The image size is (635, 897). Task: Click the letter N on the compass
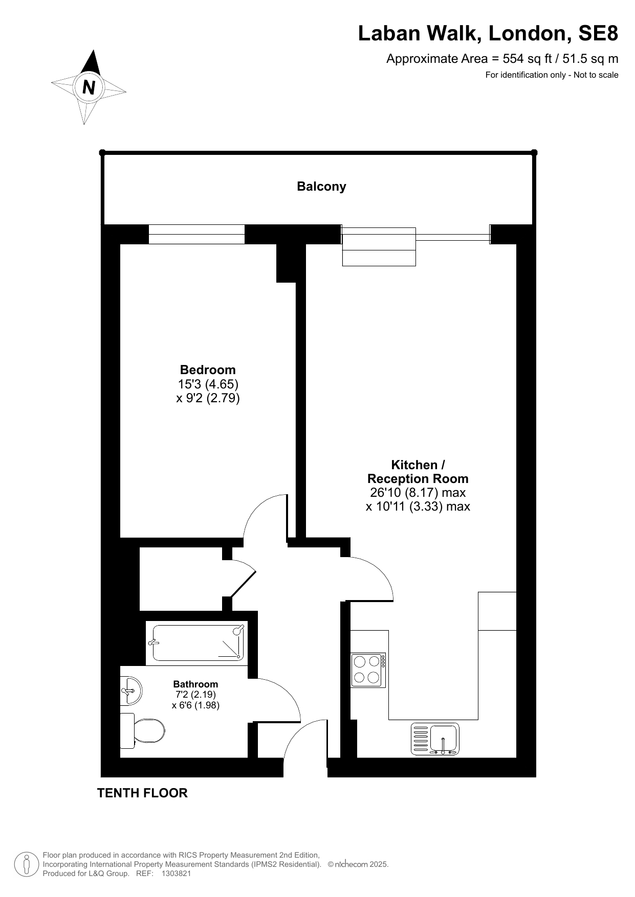tap(89, 87)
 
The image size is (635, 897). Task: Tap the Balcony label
tap(321, 187)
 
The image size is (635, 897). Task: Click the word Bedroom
tap(208, 370)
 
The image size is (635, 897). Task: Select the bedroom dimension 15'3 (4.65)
tap(208, 384)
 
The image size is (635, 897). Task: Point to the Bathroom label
tap(195, 684)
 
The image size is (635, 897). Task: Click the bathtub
tap(196, 643)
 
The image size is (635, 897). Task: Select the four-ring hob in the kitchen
tap(368, 670)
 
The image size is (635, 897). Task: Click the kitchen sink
tap(435, 739)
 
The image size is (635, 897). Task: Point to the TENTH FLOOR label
tap(142, 793)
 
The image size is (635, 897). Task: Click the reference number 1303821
tap(176, 873)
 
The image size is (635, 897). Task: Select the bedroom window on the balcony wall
tap(196, 234)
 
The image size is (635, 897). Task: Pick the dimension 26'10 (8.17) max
tap(418, 493)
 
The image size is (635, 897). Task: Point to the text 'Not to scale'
tap(596, 75)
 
